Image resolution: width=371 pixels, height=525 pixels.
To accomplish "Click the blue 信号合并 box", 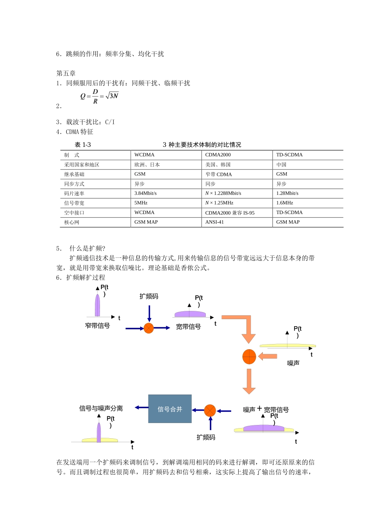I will (170, 409).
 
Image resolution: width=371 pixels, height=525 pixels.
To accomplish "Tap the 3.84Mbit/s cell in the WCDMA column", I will (145, 193).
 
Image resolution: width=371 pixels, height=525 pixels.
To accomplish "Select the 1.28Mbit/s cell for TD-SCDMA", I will (287, 193).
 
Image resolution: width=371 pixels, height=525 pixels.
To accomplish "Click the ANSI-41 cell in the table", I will (214, 222).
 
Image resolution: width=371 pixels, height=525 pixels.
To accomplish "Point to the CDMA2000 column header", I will (218, 155).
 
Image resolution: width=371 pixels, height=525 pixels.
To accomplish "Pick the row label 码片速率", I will (74, 194).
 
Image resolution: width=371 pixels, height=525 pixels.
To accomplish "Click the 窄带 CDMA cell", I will (218, 174).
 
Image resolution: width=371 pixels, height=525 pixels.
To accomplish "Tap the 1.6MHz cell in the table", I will (284, 203).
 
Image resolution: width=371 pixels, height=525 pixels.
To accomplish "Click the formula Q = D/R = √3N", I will (99, 96).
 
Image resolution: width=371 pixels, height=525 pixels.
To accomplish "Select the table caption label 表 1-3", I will (83, 145).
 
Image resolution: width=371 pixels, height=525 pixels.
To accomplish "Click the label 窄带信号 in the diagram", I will (97, 326).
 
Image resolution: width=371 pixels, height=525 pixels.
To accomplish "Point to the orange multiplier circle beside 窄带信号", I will (149, 328).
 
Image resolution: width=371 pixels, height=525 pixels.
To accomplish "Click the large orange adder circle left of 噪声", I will (249, 356).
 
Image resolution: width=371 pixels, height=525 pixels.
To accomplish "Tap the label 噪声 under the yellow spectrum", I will (293, 363).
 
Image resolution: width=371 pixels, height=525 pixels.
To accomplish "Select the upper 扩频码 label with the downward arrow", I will (149, 296).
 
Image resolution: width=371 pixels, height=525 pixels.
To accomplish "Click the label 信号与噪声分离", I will (101, 409).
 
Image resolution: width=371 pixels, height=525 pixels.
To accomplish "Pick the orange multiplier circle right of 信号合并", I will (210, 411).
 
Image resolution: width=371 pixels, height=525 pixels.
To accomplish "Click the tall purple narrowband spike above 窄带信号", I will (97, 305).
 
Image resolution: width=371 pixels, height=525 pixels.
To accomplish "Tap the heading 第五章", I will (66, 73).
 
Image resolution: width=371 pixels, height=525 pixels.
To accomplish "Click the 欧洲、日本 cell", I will (147, 165).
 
